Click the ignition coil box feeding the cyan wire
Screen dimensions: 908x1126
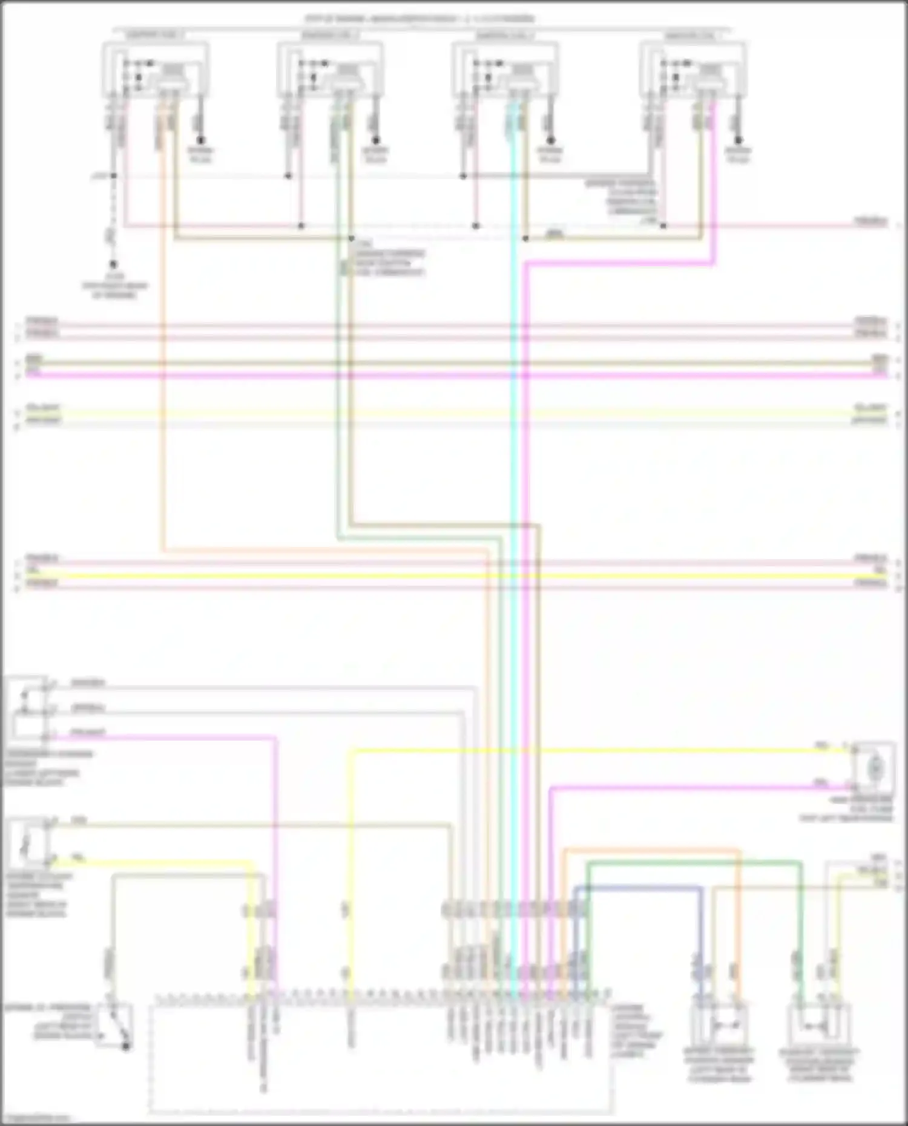pos(505,70)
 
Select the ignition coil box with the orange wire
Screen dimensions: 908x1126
pos(156,70)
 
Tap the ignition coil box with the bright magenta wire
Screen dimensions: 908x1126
pos(693,70)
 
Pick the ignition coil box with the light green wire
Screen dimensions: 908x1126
pos(330,70)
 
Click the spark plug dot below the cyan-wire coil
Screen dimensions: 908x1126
pos(550,139)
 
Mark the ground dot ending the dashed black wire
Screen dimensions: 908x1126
pos(113,264)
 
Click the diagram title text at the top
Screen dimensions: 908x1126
pos(419,19)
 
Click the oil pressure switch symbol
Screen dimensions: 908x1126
pos(115,1027)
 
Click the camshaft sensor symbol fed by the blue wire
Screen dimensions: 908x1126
pos(720,1026)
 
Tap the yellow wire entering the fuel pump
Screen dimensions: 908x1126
pos(605,751)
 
